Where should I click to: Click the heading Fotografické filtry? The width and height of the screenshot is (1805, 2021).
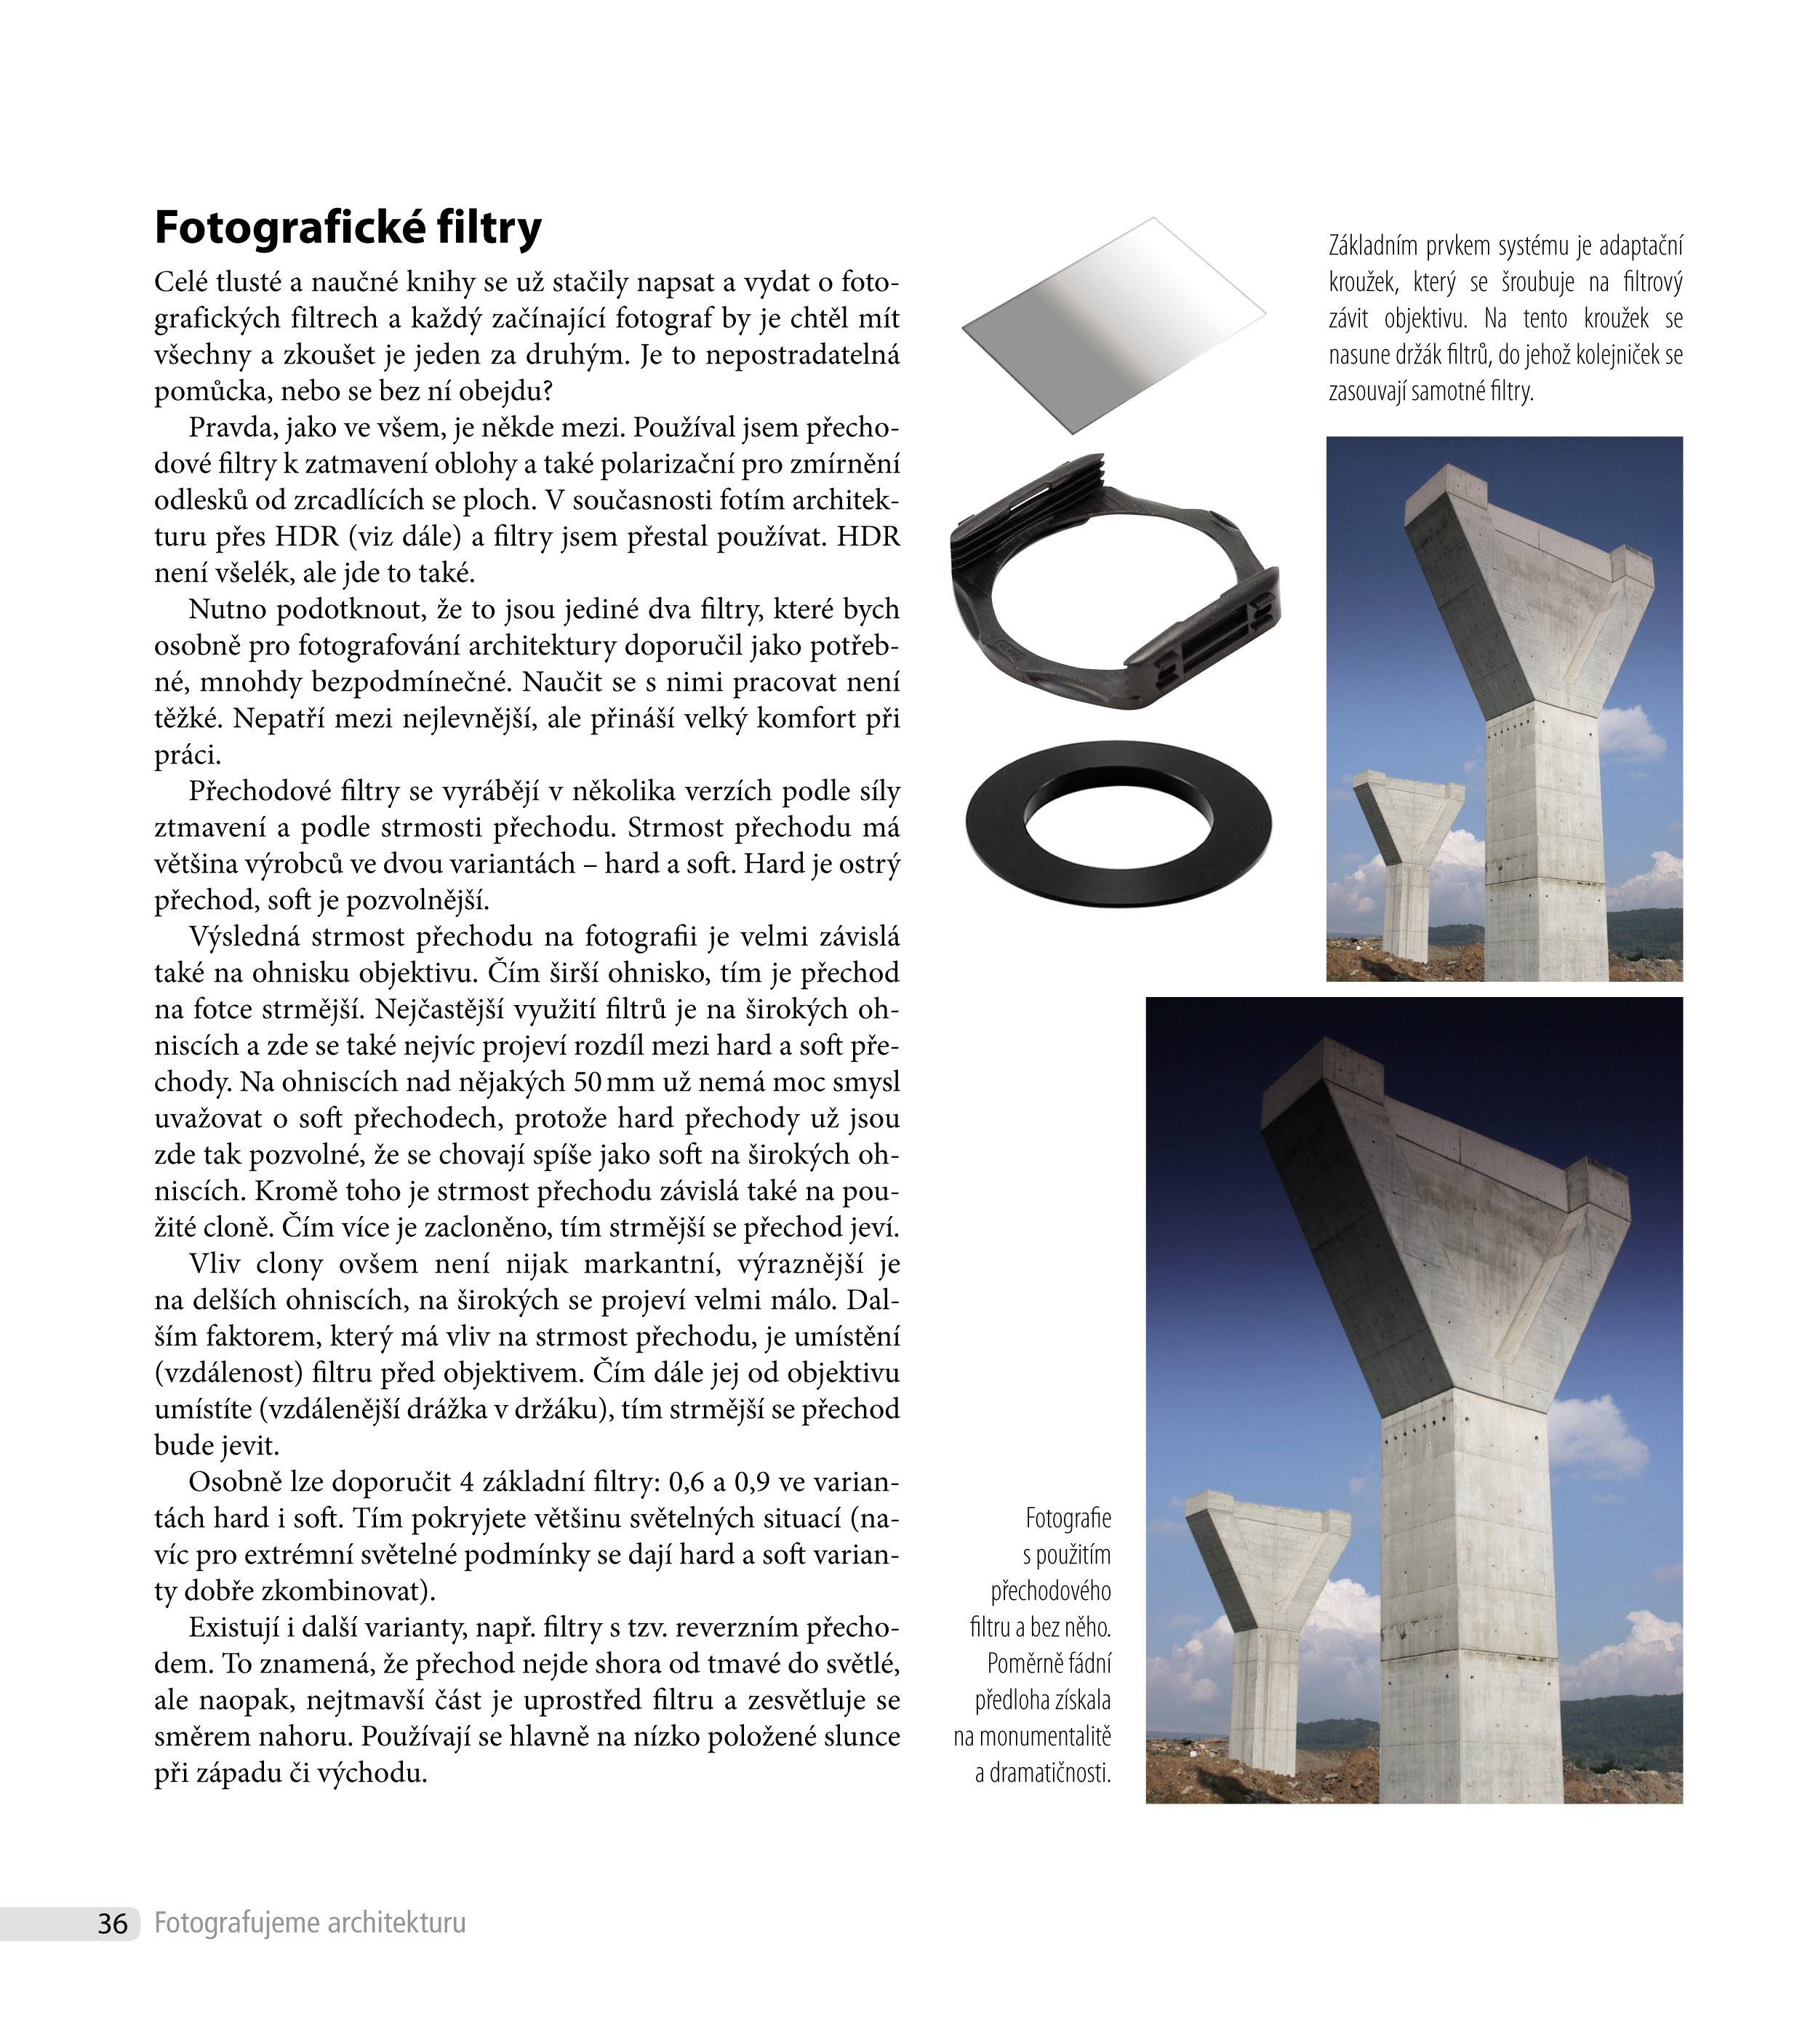point(348,228)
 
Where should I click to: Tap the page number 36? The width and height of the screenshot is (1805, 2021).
point(112,1924)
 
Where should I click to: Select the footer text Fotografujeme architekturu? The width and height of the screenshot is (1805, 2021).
point(309,1923)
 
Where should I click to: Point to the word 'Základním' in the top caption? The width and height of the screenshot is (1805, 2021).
point(1371,246)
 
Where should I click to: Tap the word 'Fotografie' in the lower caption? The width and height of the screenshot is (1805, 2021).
point(1068,1518)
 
